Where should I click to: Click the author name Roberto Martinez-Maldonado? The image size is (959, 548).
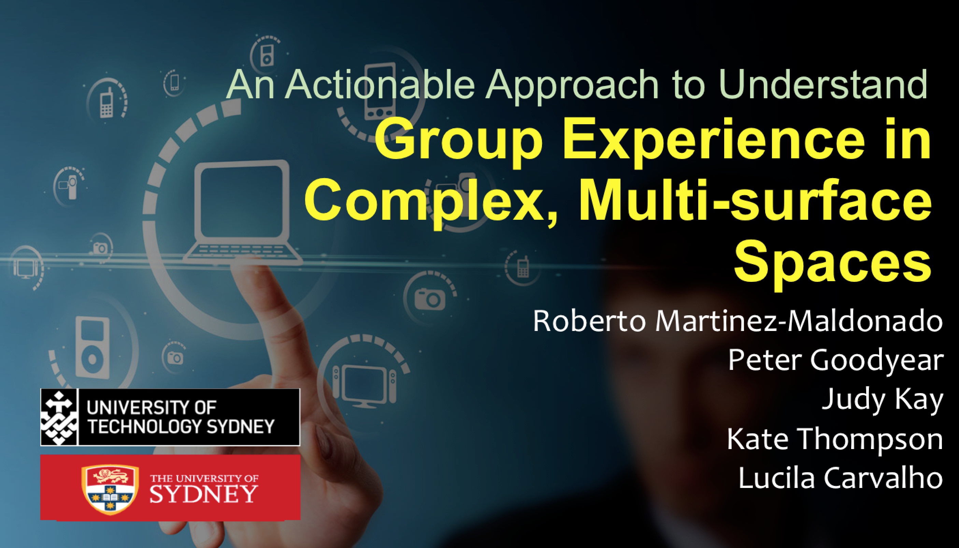[x=738, y=321]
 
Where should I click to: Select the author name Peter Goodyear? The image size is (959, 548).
[x=835, y=361]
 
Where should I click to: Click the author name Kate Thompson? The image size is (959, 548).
[x=835, y=439]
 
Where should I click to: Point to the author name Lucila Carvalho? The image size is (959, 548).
[x=841, y=478]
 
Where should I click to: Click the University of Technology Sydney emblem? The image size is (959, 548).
[x=59, y=417]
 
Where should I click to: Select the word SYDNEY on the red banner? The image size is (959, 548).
[x=204, y=494]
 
